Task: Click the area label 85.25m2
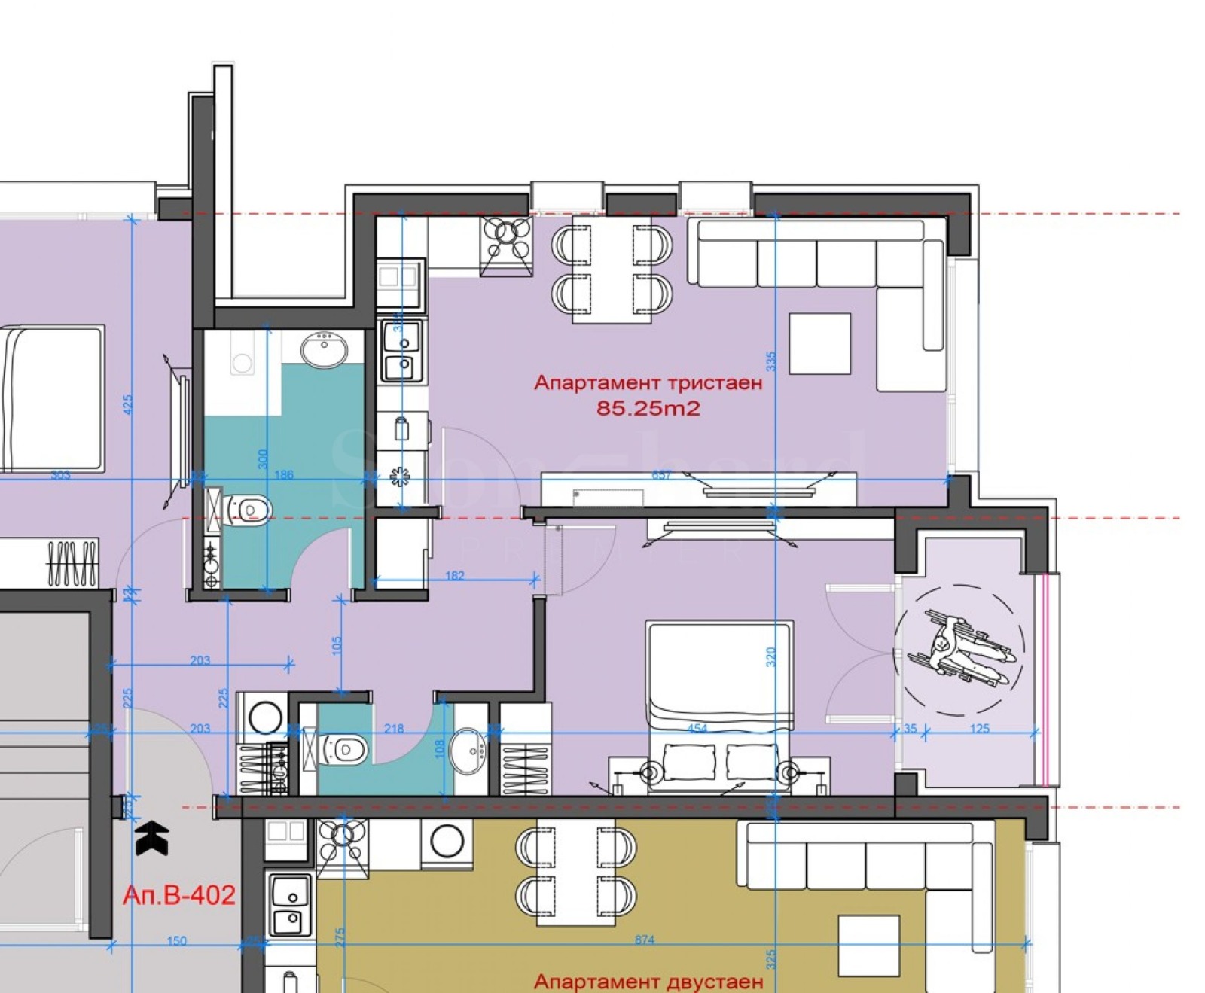click(648, 409)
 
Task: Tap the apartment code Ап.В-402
click(178, 895)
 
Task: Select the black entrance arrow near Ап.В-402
click(151, 838)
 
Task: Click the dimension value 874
click(645, 940)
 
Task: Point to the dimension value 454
click(697, 728)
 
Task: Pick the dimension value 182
click(455, 576)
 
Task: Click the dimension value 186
click(284, 475)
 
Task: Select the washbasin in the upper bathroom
click(325, 350)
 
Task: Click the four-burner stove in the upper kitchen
click(506, 240)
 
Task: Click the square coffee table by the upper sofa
click(819, 343)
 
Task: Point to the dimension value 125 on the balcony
click(979, 728)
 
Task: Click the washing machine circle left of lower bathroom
click(264, 717)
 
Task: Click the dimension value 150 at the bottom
click(176, 940)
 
